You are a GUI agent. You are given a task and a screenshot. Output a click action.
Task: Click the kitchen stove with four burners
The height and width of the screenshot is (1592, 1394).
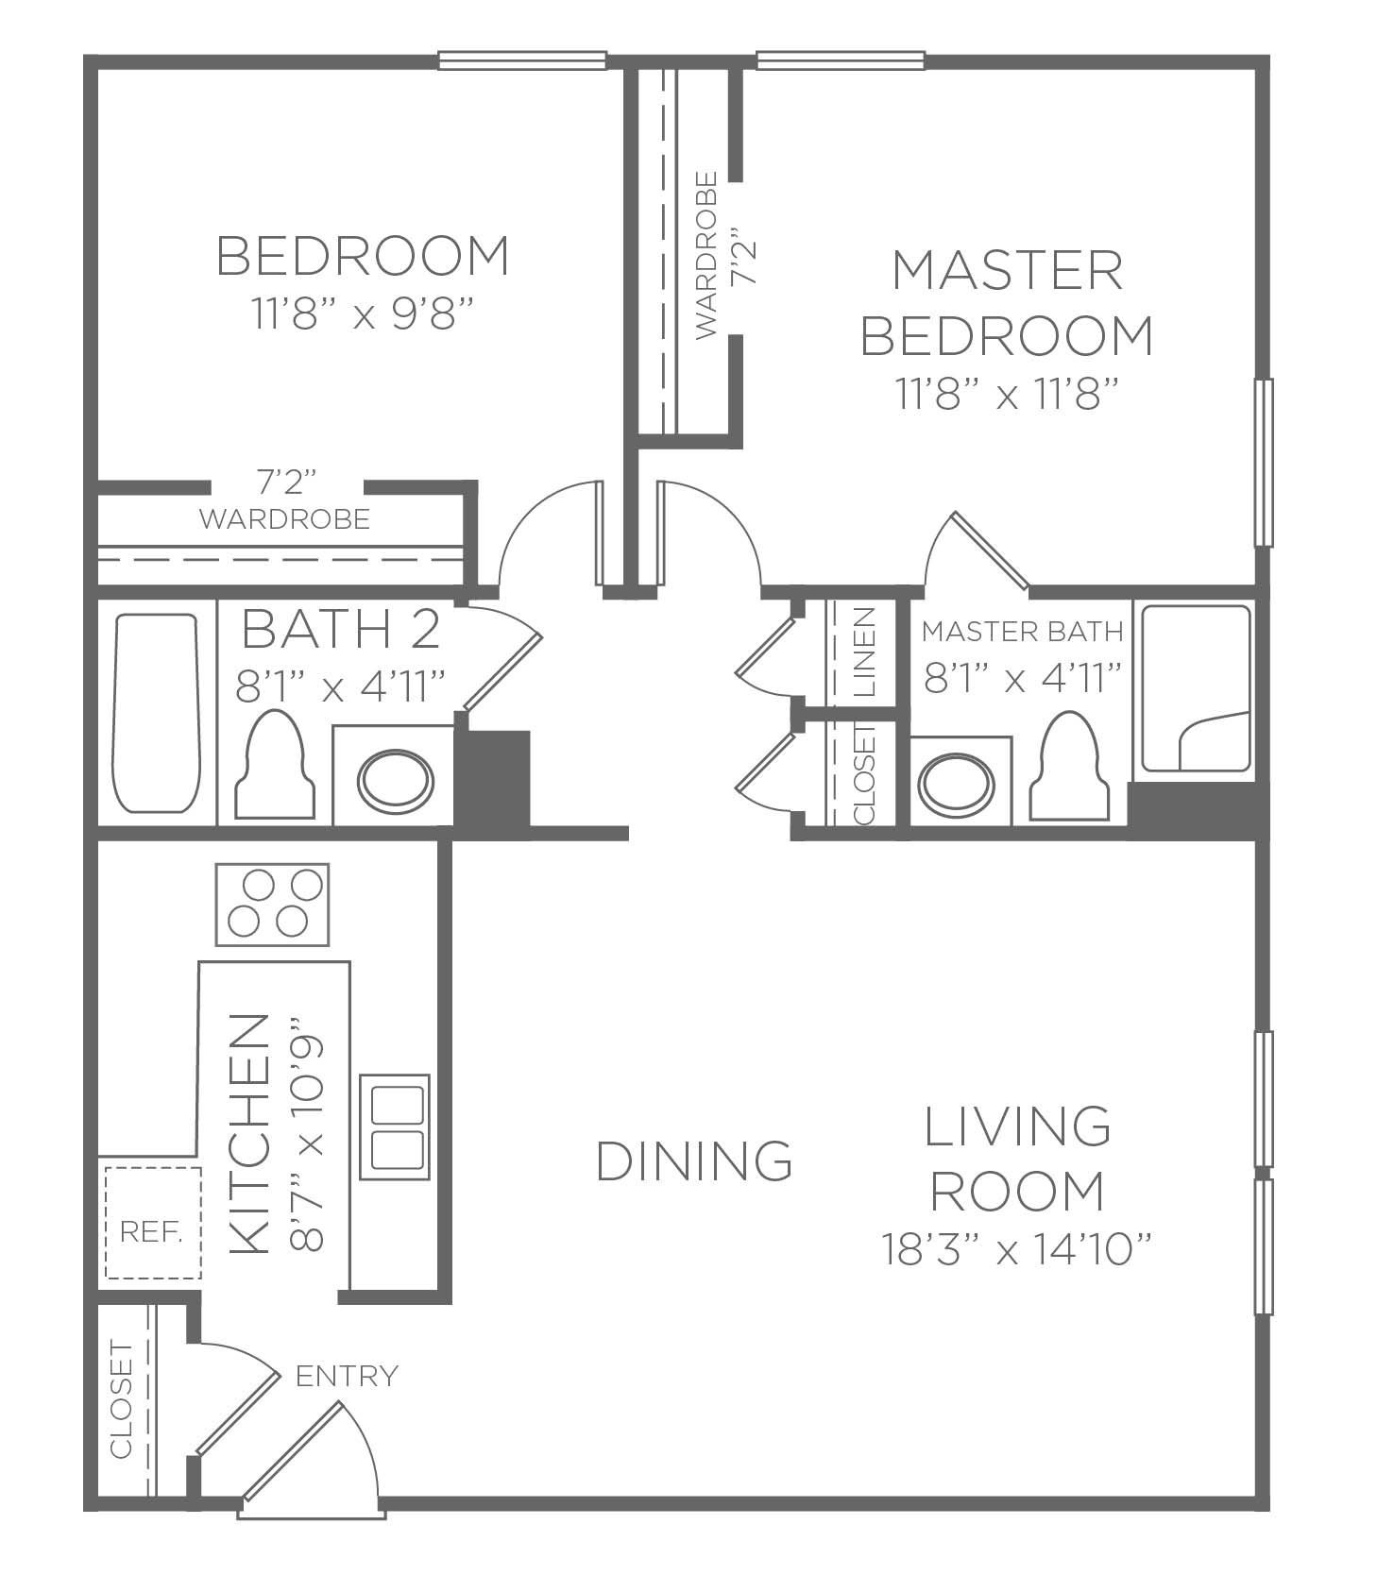click(x=272, y=904)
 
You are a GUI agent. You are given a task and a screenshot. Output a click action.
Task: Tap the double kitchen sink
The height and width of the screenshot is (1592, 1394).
click(x=395, y=1126)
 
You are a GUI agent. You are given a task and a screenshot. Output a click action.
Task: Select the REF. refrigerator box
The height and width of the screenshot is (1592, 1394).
click(x=152, y=1223)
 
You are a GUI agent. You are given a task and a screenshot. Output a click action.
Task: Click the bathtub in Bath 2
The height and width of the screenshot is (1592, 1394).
click(x=156, y=713)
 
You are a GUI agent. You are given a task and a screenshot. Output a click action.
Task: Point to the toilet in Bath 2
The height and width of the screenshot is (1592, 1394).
click(x=275, y=764)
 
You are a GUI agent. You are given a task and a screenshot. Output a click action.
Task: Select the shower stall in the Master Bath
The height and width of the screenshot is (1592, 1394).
click(x=1197, y=688)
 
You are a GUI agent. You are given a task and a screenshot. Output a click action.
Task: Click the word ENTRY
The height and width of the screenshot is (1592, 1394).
click(x=347, y=1376)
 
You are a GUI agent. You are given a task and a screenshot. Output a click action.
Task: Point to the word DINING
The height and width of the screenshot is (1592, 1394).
click(x=694, y=1160)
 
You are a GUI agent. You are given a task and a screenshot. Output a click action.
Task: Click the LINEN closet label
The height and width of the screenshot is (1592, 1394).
click(x=864, y=652)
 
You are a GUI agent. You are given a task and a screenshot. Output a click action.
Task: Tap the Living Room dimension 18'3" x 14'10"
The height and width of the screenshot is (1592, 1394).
click(x=1017, y=1250)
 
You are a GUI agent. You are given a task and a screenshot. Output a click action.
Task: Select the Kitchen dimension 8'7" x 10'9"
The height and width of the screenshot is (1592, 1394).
click(x=309, y=1134)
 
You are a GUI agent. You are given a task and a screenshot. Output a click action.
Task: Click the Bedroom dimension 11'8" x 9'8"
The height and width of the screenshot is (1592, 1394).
click(x=362, y=313)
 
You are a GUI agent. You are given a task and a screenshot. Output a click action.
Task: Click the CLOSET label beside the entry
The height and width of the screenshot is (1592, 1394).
click(x=122, y=1398)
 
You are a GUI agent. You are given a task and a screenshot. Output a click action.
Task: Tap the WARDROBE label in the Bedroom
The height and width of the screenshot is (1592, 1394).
click(x=284, y=518)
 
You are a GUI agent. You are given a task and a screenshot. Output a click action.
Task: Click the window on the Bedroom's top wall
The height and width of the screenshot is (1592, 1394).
click(x=522, y=61)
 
